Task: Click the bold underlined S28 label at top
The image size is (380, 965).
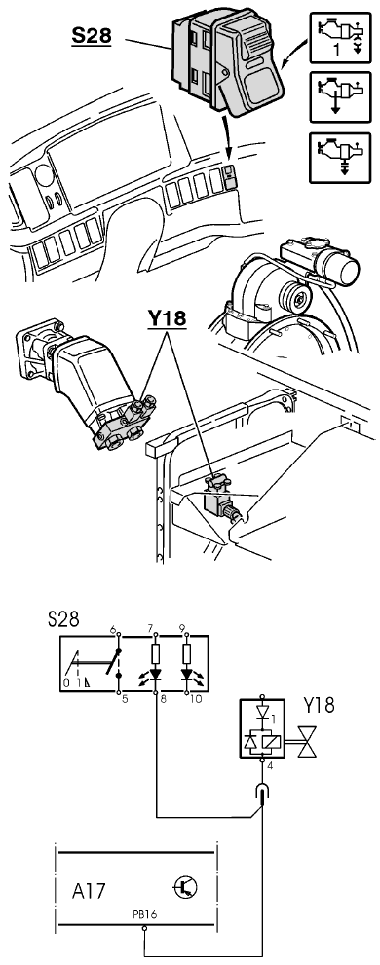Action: pos(92,35)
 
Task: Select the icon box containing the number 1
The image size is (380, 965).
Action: pos(341,38)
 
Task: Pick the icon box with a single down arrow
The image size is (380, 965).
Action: pos(341,96)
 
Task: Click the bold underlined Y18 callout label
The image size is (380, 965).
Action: pos(167,318)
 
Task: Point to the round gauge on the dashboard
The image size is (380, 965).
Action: pos(45,174)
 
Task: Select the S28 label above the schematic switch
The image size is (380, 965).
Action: pos(63,619)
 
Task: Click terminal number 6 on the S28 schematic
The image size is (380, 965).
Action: pos(113,629)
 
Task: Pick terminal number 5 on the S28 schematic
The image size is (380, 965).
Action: pos(125,699)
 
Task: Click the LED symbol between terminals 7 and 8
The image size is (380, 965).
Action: pos(155,673)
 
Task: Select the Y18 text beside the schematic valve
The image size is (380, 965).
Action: pos(319,705)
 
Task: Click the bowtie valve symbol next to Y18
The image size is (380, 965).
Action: pos(306,741)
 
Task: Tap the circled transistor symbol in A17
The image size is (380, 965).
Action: pos(185,887)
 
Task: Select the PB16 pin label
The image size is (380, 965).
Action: pos(145,915)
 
